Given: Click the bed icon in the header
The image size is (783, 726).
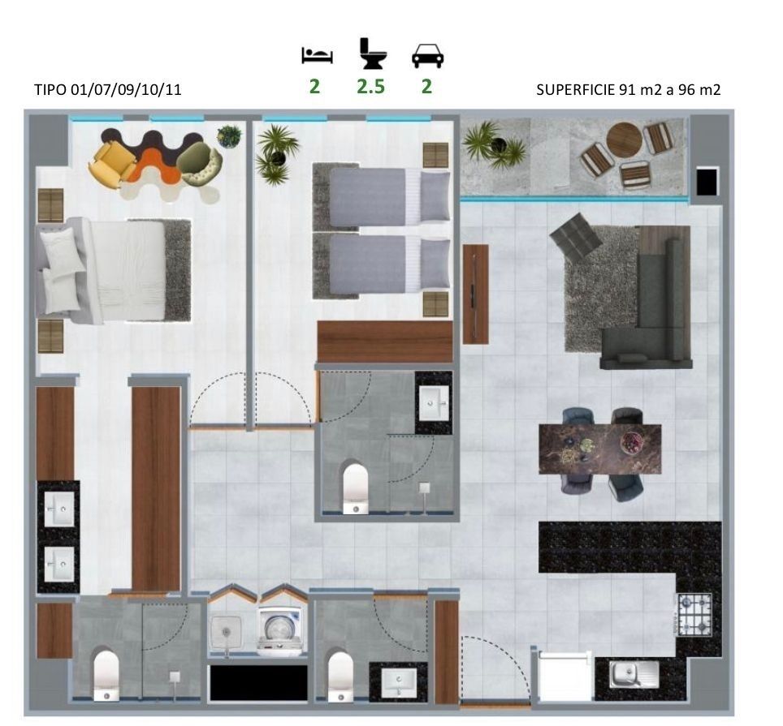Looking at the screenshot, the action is pos(317,55).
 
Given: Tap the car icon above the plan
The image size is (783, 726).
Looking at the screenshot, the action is pos(427,55).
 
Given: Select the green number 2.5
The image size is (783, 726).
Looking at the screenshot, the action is pos(370,87).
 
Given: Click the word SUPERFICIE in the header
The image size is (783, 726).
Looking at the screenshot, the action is pos(576,90).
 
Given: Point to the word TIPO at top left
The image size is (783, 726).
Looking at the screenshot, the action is pos(50,90).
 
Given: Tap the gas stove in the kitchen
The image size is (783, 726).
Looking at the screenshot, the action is pos(694,614).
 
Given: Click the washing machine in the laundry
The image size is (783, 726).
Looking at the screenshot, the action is pos(280,631).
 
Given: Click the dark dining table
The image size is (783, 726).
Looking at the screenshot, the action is pos(600,449).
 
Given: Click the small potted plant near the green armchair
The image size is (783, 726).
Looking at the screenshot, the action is pos(229,135).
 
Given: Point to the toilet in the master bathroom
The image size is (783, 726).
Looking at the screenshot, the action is pos(106,675).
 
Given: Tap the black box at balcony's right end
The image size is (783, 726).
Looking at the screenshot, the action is pos(707,182).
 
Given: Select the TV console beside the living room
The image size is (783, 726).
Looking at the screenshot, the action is pos(475,294).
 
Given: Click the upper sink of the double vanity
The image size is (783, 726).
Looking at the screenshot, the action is pos(59,509).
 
